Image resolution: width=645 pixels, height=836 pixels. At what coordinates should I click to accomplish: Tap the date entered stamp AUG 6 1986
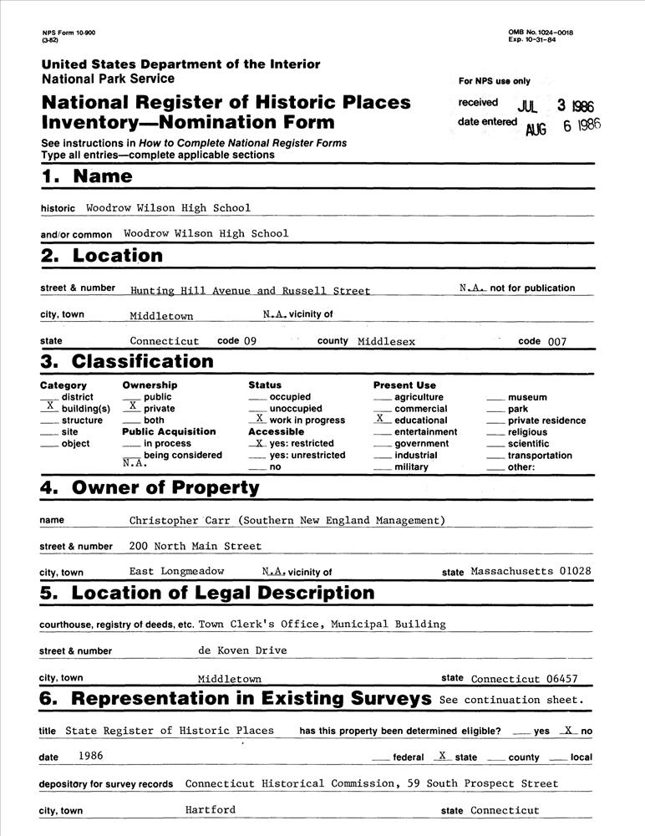click(562, 126)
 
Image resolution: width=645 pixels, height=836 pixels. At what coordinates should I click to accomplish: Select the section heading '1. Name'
click(87, 176)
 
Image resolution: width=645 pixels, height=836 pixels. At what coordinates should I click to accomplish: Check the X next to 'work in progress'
click(260, 418)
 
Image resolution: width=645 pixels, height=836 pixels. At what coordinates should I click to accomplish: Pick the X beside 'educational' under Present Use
click(380, 418)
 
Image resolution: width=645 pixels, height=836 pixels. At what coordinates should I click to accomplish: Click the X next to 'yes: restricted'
click(260, 442)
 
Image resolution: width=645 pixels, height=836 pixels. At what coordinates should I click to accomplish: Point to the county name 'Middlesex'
click(386, 341)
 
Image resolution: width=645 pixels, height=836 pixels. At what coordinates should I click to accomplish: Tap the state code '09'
click(250, 341)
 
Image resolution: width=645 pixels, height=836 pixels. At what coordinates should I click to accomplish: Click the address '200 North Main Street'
click(196, 546)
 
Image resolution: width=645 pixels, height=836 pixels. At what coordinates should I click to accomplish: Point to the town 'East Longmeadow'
click(177, 572)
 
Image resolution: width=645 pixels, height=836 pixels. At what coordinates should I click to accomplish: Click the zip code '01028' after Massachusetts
click(576, 572)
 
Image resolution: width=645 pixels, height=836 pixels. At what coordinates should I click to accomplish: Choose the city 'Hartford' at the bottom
click(211, 809)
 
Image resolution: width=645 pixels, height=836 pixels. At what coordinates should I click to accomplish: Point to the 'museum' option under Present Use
click(527, 397)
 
